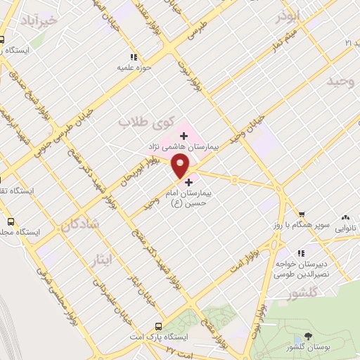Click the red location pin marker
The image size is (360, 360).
tap(181, 165)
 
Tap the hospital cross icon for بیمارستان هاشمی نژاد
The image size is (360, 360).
tap(184, 134)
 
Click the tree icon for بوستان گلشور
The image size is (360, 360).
tap(308, 337)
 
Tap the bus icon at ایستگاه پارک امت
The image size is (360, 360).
tap(158, 326)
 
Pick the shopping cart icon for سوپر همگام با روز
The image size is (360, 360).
tap(301, 214)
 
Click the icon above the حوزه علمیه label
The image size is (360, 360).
tap(134, 58)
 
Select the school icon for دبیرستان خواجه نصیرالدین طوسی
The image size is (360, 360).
tap(301, 252)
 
